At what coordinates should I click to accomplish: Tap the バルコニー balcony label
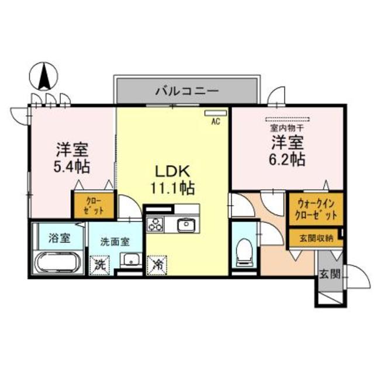[x=186, y=91]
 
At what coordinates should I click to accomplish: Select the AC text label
[x=215, y=122]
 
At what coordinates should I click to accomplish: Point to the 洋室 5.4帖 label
[x=72, y=158]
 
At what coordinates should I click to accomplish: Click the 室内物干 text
[x=286, y=127]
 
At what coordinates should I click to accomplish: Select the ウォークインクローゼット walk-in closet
[x=314, y=209]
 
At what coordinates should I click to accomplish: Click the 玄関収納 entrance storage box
[x=314, y=237]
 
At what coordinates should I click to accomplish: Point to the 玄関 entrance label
[x=327, y=275]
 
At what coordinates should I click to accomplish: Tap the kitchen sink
[x=186, y=224]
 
